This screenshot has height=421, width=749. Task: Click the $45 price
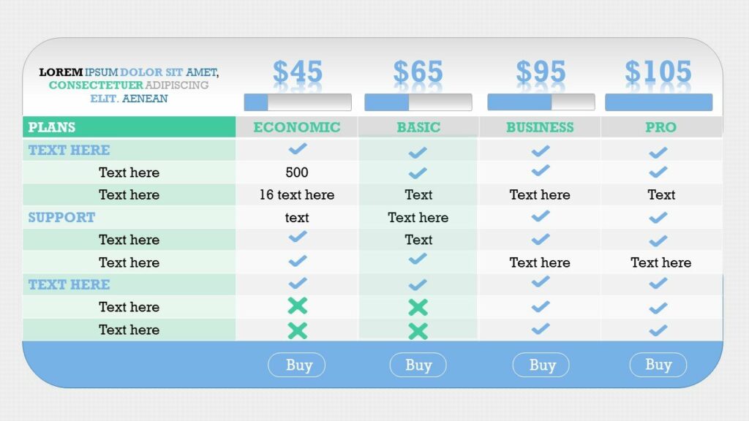[297, 72]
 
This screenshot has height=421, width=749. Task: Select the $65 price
[418, 72]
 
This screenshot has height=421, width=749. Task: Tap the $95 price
[541, 72]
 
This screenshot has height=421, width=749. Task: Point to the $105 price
[658, 72]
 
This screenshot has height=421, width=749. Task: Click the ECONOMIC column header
[297, 127]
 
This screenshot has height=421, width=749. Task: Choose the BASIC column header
[418, 127]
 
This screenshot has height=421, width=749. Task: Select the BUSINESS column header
[540, 127]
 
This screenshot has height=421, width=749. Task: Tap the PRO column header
[660, 127]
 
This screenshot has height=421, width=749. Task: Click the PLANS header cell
[52, 127]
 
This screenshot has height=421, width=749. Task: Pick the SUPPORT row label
[61, 217]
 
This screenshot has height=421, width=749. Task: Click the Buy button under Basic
[418, 365]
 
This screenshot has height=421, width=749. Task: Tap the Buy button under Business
[542, 365]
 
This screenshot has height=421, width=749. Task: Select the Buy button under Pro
[658, 365]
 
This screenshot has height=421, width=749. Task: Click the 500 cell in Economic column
[297, 172]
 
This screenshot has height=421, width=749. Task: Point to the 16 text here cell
[297, 195]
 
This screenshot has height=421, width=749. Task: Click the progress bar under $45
[297, 102]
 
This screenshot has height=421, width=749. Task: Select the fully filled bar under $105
[658, 102]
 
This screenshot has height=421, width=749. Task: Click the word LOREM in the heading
[61, 72]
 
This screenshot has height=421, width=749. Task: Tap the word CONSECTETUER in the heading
[96, 86]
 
